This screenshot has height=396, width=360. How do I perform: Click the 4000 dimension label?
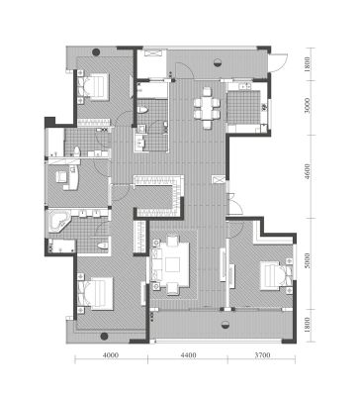point(111,355)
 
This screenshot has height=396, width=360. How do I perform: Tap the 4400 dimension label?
point(189,355)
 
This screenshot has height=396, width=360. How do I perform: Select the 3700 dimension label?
point(263,355)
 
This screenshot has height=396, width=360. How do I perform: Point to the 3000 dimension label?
point(308,105)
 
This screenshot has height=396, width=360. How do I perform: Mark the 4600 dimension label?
point(308,171)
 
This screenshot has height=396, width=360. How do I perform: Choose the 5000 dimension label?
point(308,260)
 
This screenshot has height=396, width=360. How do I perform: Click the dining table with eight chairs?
point(207,108)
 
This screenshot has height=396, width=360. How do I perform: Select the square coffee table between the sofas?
point(172,264)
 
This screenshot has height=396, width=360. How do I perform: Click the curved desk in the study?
point(73,178)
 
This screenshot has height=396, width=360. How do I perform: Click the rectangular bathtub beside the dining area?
point(152,90)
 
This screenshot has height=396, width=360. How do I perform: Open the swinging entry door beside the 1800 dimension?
point(279,61)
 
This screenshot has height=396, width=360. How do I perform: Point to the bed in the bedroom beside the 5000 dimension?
point(275,275)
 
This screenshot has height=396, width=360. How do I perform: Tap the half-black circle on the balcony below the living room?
point(225,325)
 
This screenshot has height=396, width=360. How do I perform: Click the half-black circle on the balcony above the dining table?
point(218,62)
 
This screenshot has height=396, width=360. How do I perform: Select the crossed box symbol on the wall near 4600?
point(219,179)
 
